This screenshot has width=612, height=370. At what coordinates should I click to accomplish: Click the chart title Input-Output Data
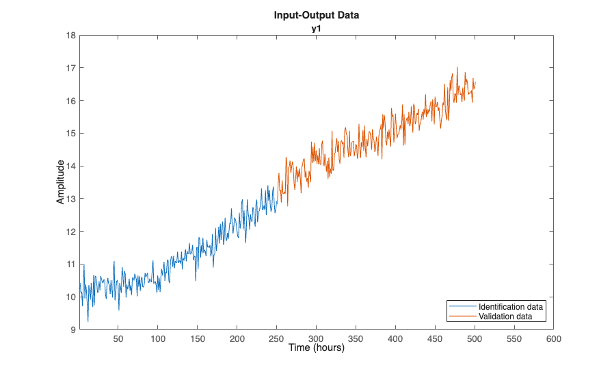coord(316,14)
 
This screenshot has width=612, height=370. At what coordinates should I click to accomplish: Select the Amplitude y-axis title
coord(61,182)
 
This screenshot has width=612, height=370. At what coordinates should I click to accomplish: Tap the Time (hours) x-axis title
coord(316,347)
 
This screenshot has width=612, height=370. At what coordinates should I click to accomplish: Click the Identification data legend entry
coord(511,306)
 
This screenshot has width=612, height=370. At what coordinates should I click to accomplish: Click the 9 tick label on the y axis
coord(72,330)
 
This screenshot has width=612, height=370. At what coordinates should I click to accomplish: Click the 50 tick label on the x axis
coord(118,338)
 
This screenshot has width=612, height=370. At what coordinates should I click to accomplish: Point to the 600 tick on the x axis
coord(554,338)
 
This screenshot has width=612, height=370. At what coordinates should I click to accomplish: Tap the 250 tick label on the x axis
coord(277,338)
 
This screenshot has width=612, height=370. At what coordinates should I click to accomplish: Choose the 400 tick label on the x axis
coord(396,338)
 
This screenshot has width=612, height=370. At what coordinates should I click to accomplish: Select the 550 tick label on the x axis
coord(514,338)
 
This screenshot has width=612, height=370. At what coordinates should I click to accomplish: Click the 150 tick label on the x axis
coord(198,338)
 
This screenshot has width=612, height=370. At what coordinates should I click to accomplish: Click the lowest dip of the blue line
coord(88,321)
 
